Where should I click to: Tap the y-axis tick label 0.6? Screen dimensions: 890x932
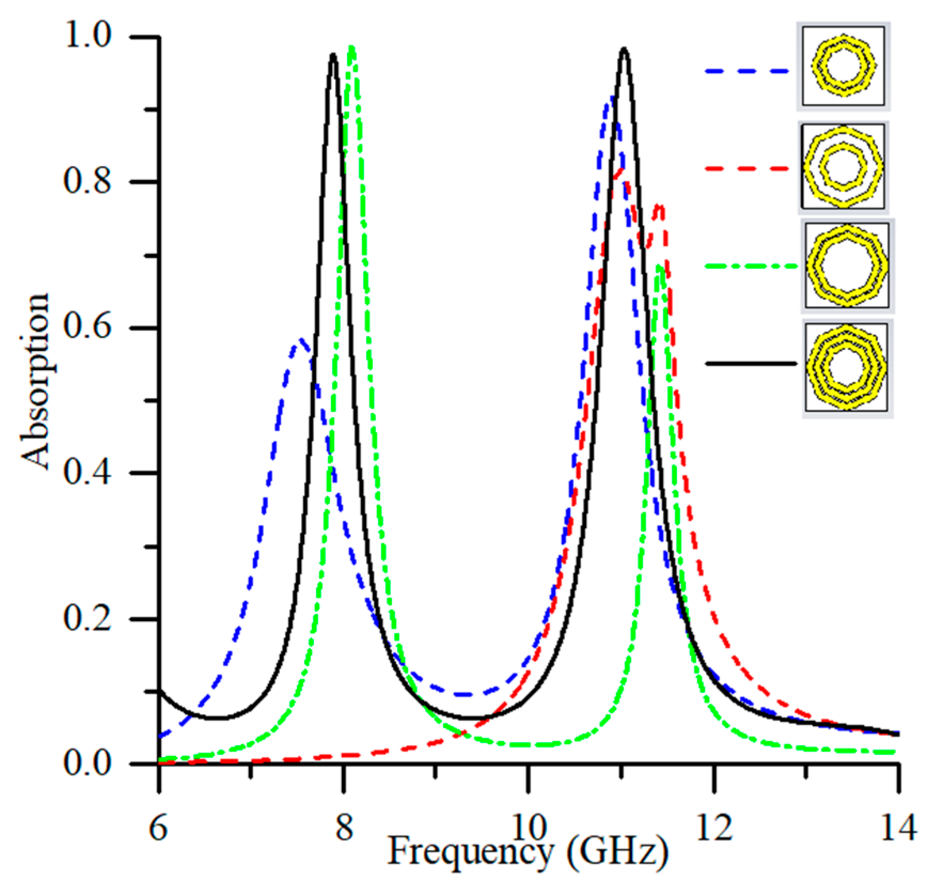click(x=88, y=326)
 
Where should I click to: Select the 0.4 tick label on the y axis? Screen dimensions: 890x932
click(x=88, y=472)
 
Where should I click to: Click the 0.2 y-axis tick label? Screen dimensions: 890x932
click(x=88, y=618)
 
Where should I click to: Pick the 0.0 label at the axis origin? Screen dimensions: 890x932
click(x=88, y=763)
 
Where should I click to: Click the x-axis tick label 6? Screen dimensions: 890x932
click(x=159, y=829)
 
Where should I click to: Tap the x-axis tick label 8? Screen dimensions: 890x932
click(x=344, y=829)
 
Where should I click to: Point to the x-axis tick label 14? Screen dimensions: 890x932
click(x=898, y=829)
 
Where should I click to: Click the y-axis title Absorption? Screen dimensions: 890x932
click(x=35, y=382)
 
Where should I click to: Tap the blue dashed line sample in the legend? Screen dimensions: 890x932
click(x=746, y=71)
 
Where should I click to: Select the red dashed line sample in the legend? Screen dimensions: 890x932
click(x=746, y=168)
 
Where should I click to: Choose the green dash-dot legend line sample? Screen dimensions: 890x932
click(x=750, y=266)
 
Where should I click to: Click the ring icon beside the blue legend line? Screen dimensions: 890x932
click(x=843, y=67)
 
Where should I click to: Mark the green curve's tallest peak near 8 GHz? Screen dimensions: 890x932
click(x=351, y=49)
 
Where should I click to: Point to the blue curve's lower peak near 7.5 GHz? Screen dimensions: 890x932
click(x=300, y=340)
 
